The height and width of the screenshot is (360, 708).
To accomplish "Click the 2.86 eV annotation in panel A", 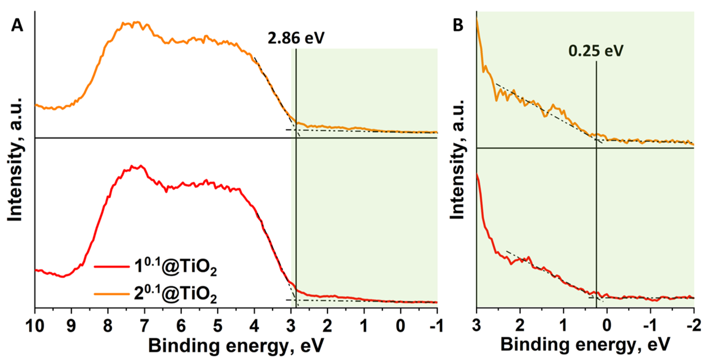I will [x=296, y=38].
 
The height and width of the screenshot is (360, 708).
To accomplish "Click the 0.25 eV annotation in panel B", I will [x=596, y=51].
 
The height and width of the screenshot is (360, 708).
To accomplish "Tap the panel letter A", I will [x=17, y=26].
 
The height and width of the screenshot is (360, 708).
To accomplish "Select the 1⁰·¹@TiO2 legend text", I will [x=175, y=267].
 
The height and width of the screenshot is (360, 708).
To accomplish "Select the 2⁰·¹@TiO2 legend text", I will [x=175, y=294].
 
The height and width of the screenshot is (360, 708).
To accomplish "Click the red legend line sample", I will [x=112, y=266].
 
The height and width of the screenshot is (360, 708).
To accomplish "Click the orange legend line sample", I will [x=112, y=294].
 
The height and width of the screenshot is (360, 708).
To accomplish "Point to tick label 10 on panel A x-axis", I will [x=35, y=325].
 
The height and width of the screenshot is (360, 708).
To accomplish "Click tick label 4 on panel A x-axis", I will [x=254, y=325].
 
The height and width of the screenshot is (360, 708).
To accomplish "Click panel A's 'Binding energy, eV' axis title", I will [x=236, y=346].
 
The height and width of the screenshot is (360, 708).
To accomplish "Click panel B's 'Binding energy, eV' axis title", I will [x=585, y=344].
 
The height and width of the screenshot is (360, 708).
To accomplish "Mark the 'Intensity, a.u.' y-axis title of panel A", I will [x=15, y=160].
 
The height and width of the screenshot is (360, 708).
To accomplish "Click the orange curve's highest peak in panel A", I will [x=137, y=22].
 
